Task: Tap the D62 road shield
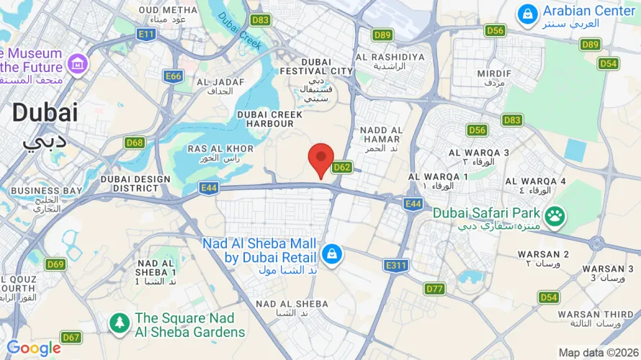tap(342, 168)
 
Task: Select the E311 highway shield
tap(396, 266)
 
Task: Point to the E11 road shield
tap(147, 34)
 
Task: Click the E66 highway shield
tap(173, 76)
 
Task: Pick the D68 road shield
tap(135, 143)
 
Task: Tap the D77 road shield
tap(434, 289)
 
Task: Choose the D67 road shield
tap(71, 337)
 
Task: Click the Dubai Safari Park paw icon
tap(554, 215)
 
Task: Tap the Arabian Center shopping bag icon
tap(528, 14)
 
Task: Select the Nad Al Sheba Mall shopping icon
tap(331, 255)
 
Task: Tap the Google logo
tap(34, 348)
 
